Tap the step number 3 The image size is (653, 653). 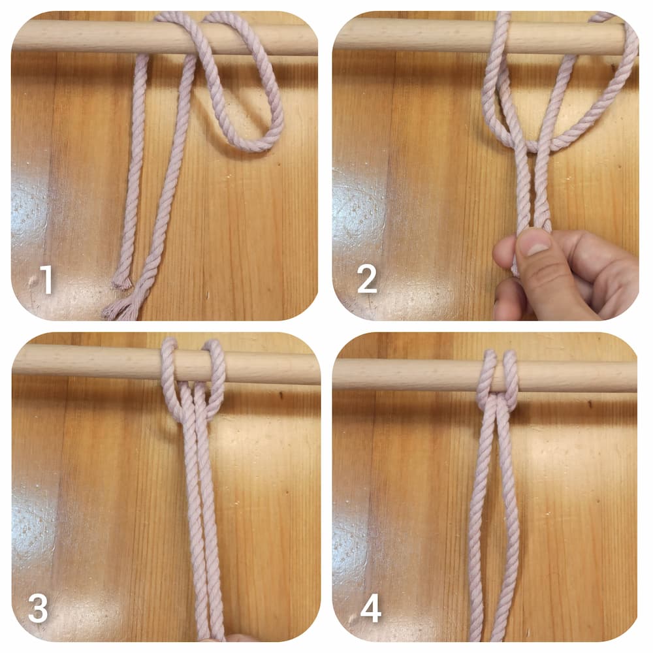click(38, 609)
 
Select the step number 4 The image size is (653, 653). click(371, 609)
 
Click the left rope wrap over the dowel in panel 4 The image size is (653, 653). click(487, 375)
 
